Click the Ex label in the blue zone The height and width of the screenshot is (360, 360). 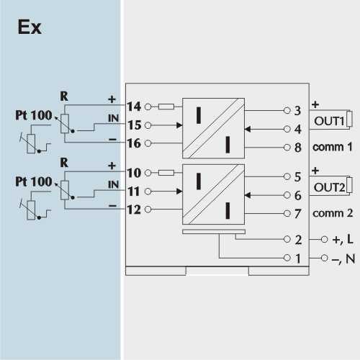point(30,27)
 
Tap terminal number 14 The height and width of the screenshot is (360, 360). point(134,107)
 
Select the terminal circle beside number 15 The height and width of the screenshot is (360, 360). point(148,125)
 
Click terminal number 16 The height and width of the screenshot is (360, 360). point(134,143)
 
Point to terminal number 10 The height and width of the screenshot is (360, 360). point(134,173)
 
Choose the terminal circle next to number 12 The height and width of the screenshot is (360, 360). point(148,210)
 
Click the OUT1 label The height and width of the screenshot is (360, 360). point(329,121)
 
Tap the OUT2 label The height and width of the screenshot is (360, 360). point(329,187)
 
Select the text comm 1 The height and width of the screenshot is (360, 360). point(333,147)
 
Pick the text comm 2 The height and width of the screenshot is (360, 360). point(333,213)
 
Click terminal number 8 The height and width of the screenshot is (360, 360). point(298,148)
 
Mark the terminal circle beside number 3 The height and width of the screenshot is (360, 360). point(287,110)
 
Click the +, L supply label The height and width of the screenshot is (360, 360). point(343,239)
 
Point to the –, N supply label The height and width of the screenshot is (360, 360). point(343,258)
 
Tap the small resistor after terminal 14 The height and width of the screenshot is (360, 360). point(166,107)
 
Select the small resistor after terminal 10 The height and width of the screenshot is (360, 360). point(166,173)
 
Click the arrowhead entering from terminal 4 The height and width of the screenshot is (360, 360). point(248,129)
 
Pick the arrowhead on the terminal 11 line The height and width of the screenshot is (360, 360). point(179,192)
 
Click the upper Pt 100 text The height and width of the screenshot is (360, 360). point(34,115)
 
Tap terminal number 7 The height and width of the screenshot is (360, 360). point(298,214)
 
